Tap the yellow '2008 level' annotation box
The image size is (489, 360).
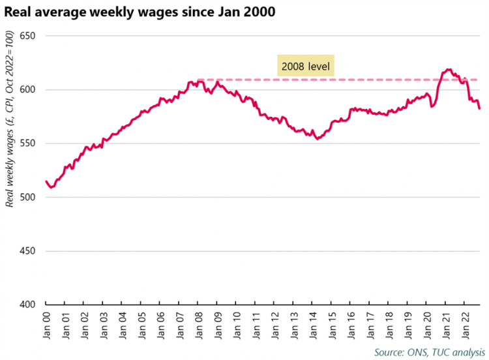[306, 67]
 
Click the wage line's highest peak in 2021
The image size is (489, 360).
[449, 69]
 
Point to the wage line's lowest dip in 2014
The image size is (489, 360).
[318, 138]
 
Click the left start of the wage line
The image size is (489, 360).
[46, 181]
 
